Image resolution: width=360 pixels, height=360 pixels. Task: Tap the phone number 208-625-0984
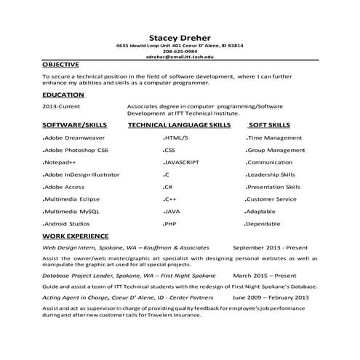(180, 51)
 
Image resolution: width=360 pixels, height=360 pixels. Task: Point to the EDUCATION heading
(63, 95)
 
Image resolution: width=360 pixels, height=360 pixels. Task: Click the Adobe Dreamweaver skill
(75, 137)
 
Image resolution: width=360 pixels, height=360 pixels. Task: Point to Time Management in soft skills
(274, 137)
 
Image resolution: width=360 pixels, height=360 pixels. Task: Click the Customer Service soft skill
(271, 199)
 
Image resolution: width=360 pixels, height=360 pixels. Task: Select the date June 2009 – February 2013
(271, 297)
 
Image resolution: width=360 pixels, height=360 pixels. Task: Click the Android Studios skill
(66, 223)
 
